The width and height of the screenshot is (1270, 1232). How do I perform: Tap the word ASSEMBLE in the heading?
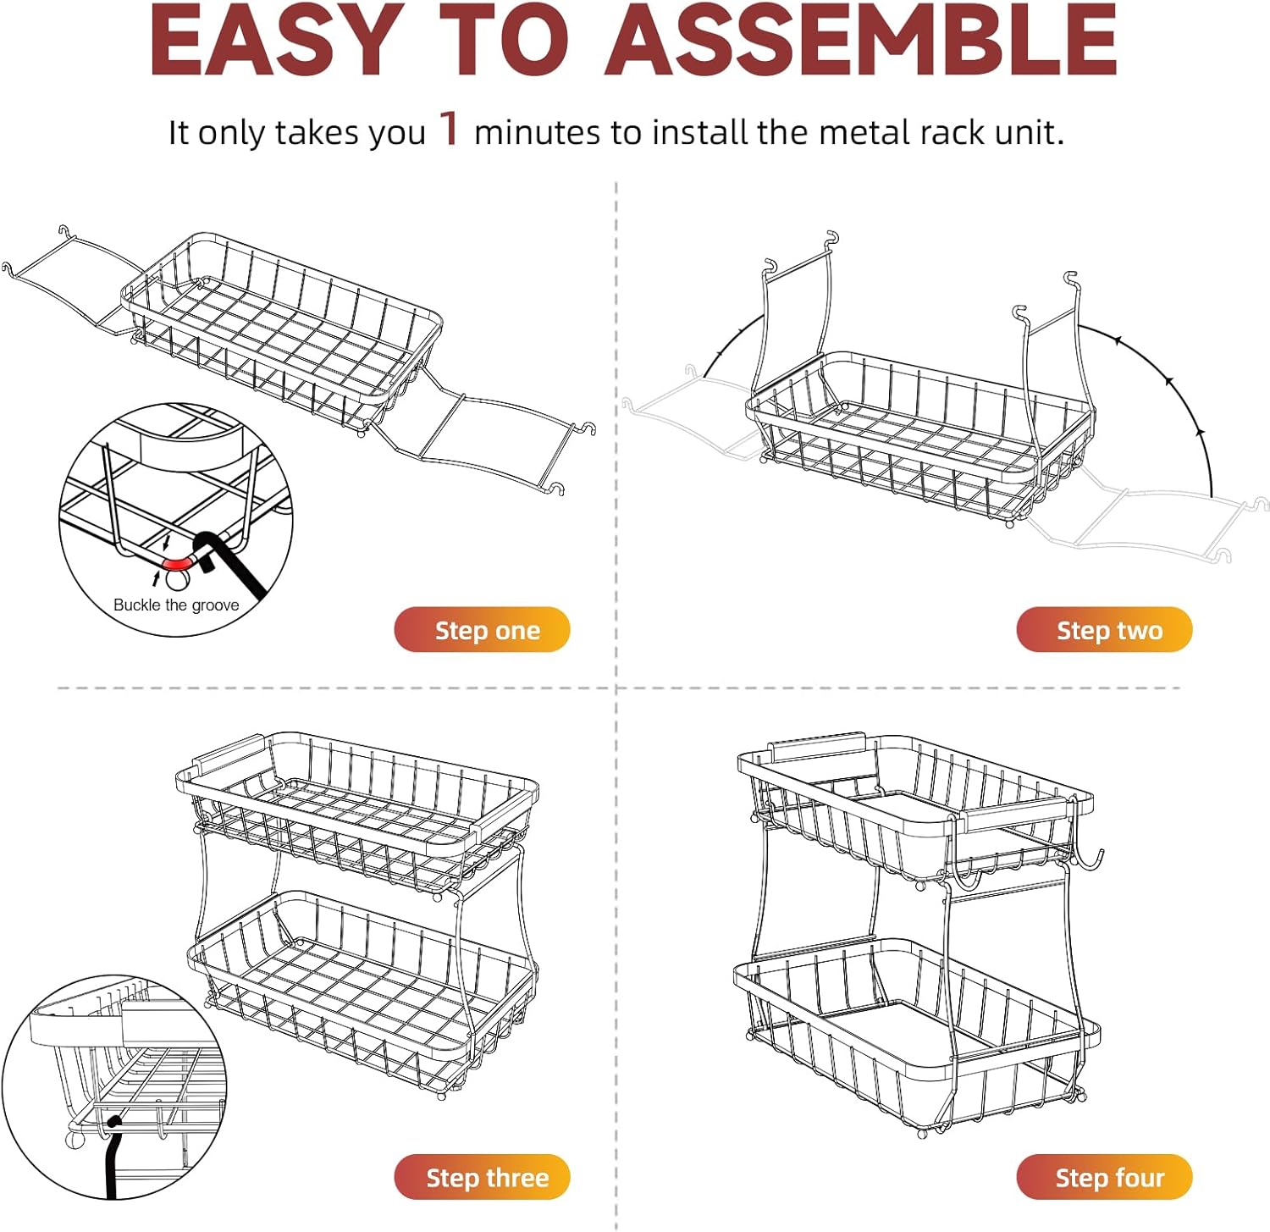[861, 41]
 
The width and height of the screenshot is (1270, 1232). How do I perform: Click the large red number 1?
[450, 129]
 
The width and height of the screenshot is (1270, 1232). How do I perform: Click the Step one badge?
[482, 630]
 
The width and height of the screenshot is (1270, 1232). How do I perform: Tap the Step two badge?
[1104, 630]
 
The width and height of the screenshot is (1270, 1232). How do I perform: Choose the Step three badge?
[482, 1177]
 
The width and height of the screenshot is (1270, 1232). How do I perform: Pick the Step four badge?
[1104, 1177]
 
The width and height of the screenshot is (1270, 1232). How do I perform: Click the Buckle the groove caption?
[176, 605]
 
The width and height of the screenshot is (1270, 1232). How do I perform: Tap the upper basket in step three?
[357, 813]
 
